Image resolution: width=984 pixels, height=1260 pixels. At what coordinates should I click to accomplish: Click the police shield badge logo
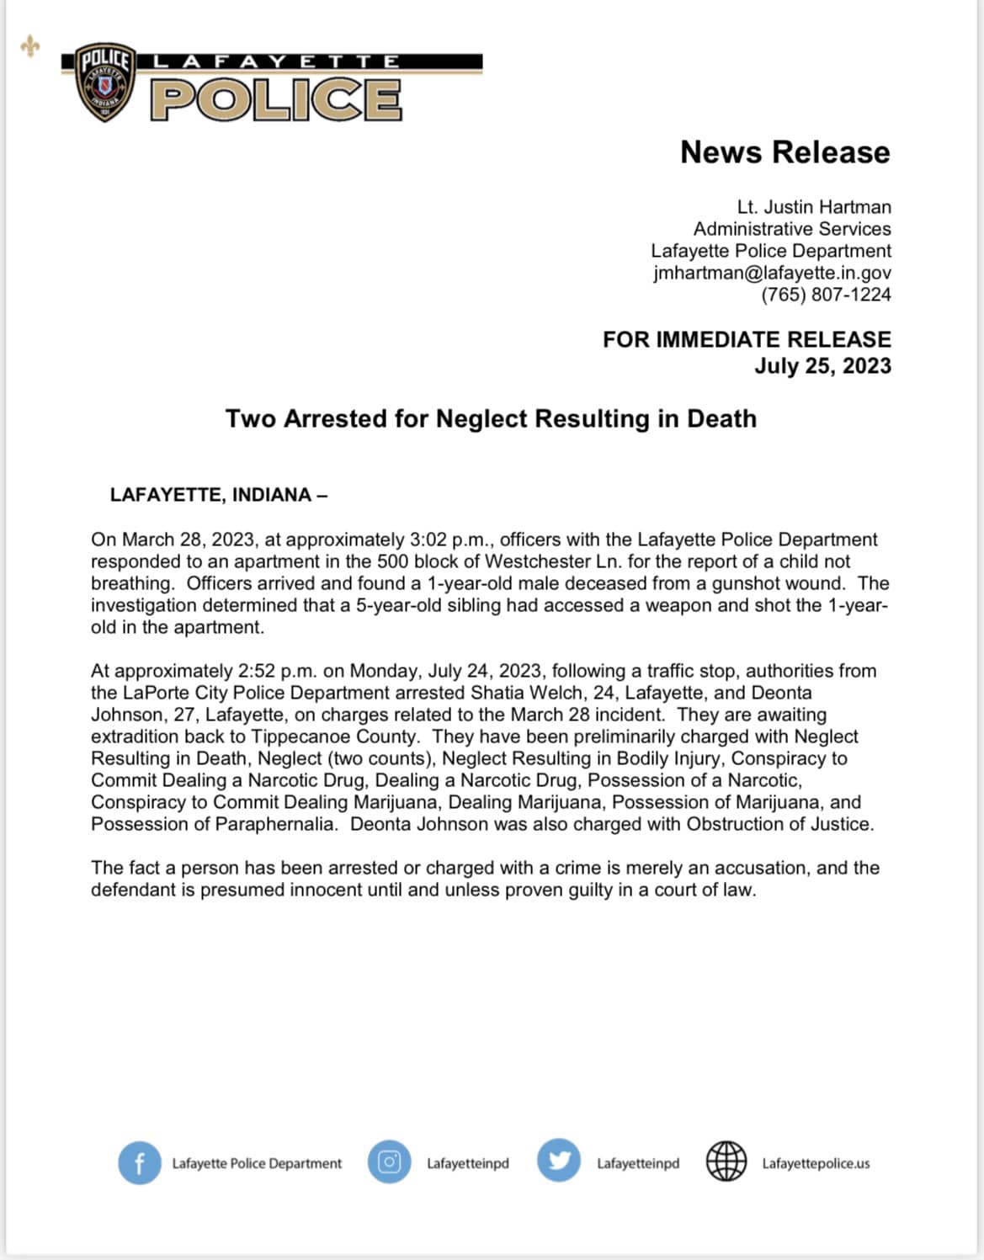(x=105, y=82)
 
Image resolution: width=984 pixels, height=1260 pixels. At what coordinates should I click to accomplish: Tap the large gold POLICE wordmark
(x=276, y=100)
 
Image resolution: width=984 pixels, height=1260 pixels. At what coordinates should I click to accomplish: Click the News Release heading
(x=785, y=152)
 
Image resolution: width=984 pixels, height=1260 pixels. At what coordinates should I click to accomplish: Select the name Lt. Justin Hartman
(x=813, y=207)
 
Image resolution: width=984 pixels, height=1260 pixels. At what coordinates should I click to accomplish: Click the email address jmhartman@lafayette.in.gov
(x=772, y=273)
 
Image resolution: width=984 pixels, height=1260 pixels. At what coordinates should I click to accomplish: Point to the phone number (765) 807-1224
(x=826, y=295)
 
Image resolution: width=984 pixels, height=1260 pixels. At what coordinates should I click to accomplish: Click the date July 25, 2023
(x=822, y=366)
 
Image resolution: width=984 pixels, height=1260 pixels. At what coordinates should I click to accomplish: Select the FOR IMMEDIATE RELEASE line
(x=747, y=339)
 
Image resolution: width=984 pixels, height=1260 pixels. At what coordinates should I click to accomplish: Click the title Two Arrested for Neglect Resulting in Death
(x=491, y=418)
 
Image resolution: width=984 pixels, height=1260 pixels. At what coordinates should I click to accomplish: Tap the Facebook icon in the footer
(x=139, y=1163)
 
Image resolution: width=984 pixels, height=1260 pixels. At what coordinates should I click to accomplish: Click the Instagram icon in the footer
(x=389, y=1162)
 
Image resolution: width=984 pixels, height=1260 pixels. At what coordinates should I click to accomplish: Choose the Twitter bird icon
(x=559, y=1162)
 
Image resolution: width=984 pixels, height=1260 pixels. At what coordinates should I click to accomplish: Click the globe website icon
(x=726, y=1162)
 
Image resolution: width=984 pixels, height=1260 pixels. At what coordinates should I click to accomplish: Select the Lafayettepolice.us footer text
(x=816, y=1163)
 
